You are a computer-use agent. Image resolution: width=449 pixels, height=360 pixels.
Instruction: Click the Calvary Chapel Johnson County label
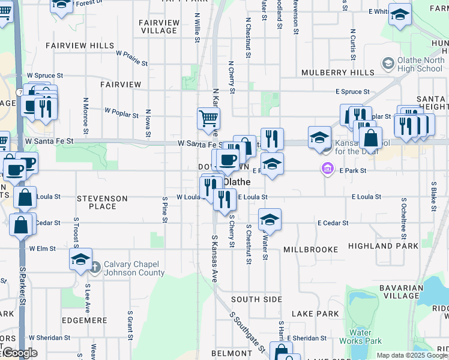click(x=134, y=268)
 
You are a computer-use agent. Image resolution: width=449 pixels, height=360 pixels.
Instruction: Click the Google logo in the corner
click(x=19, y=353)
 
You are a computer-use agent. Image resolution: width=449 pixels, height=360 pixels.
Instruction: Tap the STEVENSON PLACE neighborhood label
click(x=102, y=202)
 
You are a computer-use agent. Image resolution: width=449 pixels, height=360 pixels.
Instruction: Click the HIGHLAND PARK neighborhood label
click(x=393, y=246)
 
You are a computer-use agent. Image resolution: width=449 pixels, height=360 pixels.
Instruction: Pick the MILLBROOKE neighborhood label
click(x=308, y=249)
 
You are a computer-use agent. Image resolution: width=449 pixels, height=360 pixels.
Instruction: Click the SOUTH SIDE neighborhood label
click(x=256, y=299)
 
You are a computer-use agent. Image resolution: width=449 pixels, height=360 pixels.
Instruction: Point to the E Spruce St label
click(x=352, y=92)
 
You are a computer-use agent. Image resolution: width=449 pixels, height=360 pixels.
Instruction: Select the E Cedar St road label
click(x=333, y=223)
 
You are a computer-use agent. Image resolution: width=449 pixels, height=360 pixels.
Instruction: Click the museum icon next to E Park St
click(x=327, y=170)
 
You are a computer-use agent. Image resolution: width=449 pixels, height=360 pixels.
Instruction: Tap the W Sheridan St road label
click(x=50, y=338)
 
